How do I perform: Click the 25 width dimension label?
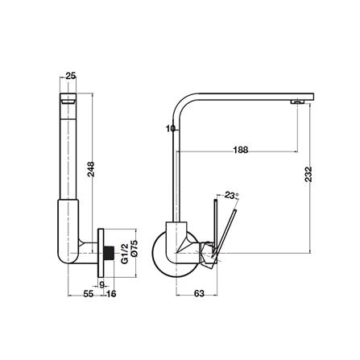click(x=71, y=76)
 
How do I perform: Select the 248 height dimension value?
click(x=91, y=169)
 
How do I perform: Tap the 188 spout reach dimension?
click(x=241, y=150)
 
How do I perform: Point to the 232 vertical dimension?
click(x=308, y=174)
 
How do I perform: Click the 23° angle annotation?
click(x=232, y=195)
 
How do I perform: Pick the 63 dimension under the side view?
click(x=199, y=293)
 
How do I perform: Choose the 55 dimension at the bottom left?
click(x=89, y=294)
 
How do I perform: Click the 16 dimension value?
click(x=111, y=294)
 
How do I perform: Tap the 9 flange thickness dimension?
click(x=101, y=285)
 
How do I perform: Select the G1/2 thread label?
click(x=124, y=254)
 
